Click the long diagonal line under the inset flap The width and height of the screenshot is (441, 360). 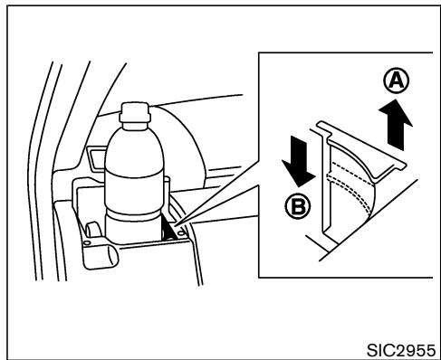pyautogui.click(x=362, y=226)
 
